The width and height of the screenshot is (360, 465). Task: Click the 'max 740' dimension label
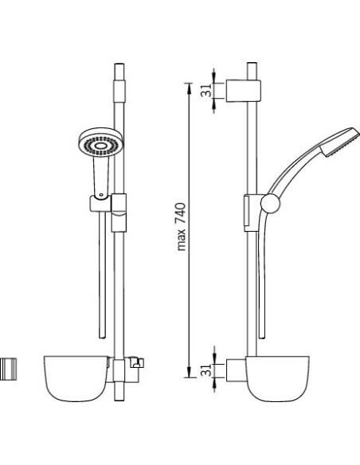181,227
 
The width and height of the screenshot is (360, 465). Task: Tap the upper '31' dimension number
207,91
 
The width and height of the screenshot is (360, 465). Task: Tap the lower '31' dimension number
207,371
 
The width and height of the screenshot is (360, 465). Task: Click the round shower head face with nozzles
101,144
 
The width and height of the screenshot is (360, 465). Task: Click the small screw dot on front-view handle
102,195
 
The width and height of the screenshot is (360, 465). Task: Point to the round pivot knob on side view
270,204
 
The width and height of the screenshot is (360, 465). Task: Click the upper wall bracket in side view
244,91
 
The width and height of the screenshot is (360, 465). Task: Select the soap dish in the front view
76,379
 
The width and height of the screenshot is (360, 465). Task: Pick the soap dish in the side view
277,379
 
